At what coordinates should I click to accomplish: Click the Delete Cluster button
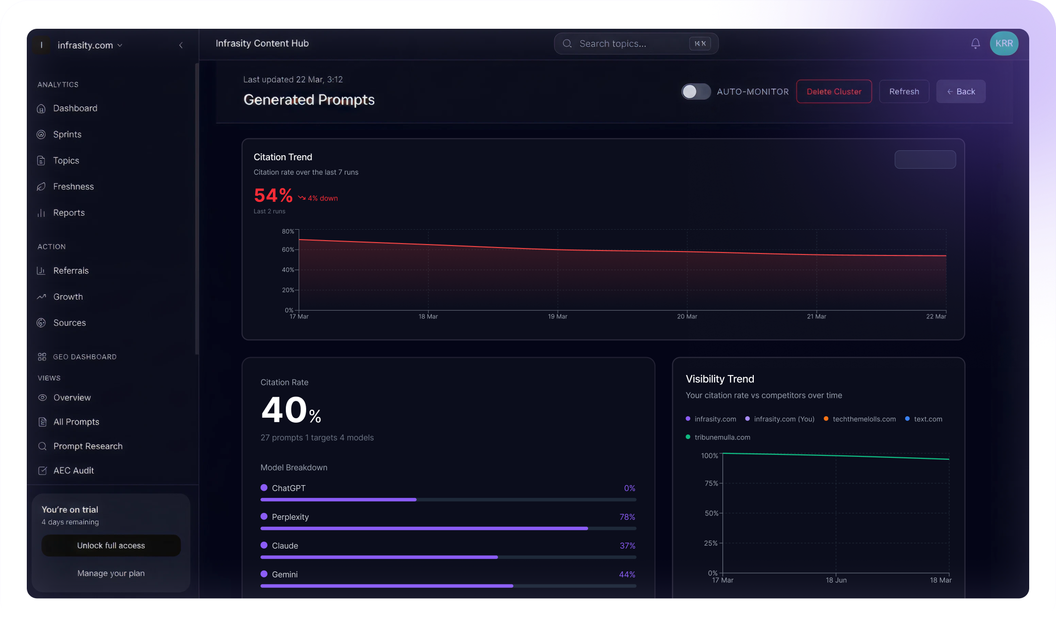(x=834, y=92)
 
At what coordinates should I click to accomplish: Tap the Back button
(x=961, y=92)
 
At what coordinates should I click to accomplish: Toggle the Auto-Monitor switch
(x=696, y=92)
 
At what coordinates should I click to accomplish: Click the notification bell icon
(x=975, y=44)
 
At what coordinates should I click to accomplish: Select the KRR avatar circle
(x=1004, y=44)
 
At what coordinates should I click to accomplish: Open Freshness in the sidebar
(x=73, y=187)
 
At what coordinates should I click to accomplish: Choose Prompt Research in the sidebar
(x=88, y=446)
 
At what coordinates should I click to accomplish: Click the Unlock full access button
(x=111, y=545)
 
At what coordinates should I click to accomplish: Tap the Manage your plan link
(x=111, y=573)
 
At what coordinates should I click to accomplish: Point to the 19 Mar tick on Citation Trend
(x=557, y=316)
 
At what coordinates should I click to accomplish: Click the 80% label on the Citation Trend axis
(x=288, y=232)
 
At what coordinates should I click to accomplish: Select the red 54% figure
(x=273, y=195)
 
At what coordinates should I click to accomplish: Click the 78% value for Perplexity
(x=627, y=517)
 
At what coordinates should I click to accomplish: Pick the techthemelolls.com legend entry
(x=864, y=419)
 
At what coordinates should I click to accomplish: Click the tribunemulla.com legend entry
(x=722, y=437)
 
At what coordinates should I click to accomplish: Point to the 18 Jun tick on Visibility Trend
(x=836, y=580)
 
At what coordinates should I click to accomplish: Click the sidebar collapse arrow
(x=181, y=45)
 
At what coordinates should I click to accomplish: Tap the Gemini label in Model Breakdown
(x=285, y=574)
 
